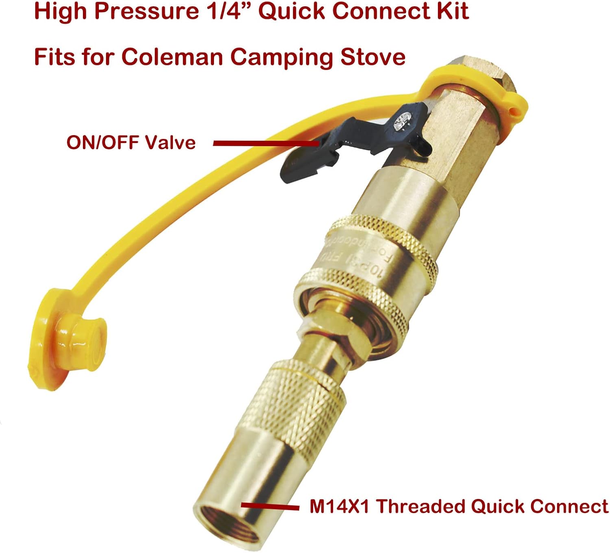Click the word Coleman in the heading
(x=172, y=56)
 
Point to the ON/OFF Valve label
(x=131, y=143)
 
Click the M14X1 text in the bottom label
(x=339, y=506)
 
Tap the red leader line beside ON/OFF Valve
(x=264, y=143)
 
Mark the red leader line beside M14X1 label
(x=270, y=506)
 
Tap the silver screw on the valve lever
(x=403, y=121)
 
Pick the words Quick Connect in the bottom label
(x=539, y=506)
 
